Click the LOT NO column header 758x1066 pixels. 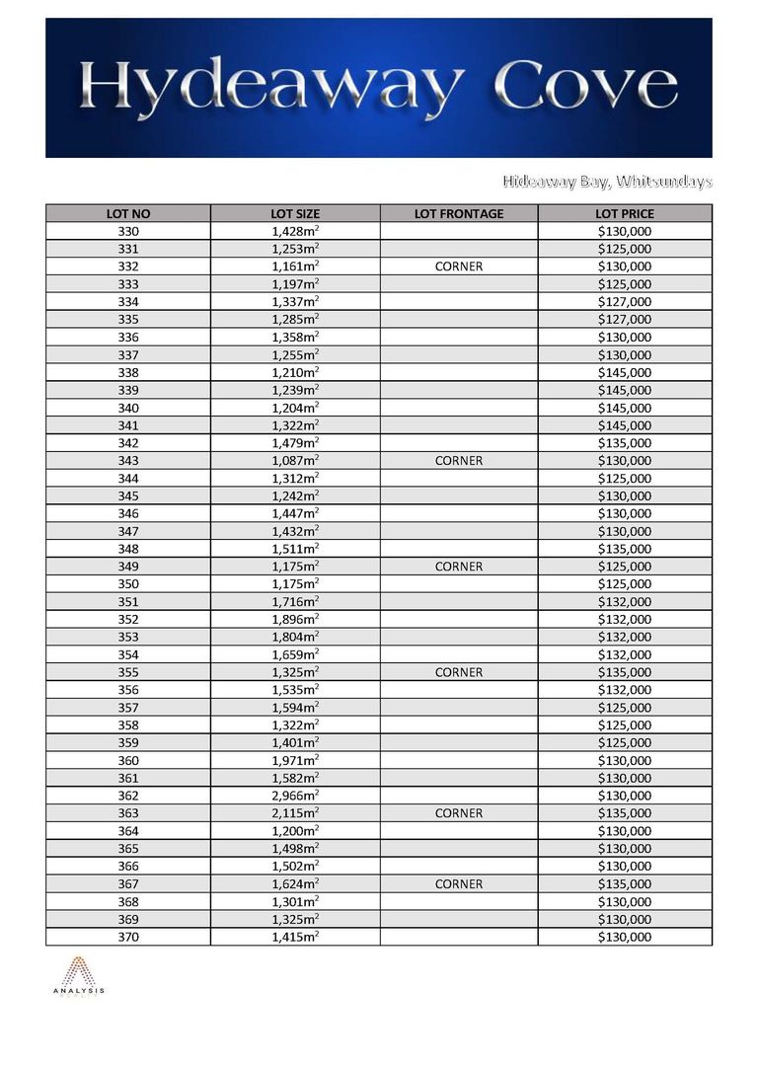[128, 213]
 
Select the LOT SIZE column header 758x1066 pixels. [295, 213]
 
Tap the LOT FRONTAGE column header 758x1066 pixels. [459, 213]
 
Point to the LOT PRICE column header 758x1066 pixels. [625, 213]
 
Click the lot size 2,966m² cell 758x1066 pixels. [295, 796]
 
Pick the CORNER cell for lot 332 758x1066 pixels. [459, 266]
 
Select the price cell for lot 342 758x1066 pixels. [625, 443]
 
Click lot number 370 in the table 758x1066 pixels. [128, 937]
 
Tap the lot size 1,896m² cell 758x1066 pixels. [295, 619]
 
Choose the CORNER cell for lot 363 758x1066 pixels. [459, 813]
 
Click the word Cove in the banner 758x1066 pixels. [587, 88]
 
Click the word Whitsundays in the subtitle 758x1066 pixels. [660, 182]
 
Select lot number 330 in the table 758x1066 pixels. [128, 231]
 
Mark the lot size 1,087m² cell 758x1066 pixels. [295, 461]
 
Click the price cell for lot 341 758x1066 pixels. [625, 425]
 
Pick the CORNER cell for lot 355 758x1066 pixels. [459, 672]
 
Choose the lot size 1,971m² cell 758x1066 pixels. [295, 760]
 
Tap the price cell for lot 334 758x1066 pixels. [625, 302]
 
